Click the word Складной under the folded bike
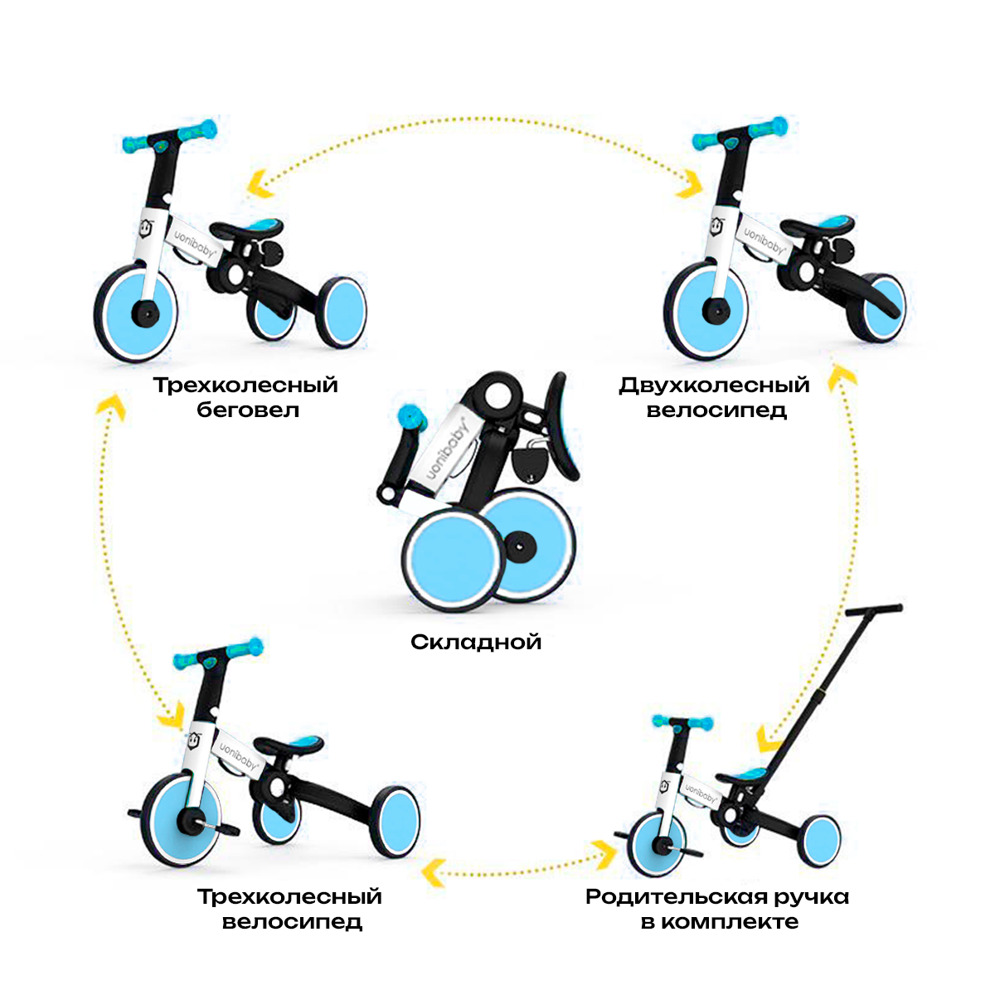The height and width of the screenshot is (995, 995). [476, 642]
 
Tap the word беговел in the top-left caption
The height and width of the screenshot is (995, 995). [248, 410]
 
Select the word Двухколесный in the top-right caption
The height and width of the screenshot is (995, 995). [714, 386]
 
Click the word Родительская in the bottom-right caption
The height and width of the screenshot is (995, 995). [679, 897]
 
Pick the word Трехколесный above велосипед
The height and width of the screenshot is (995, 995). [289, 897]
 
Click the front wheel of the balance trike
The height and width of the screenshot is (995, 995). [137, 313]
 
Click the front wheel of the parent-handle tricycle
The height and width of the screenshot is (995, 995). [657, 844]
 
